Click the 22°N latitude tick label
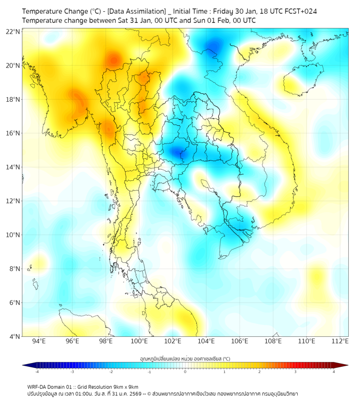tap(13, 31)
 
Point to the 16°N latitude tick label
tap(13, 133)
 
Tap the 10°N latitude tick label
tap(13, 235)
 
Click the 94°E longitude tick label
tap(39, 341)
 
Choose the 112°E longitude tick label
tap(340, 341)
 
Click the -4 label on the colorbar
tap(37, 372)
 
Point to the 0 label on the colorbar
tap(185, 372)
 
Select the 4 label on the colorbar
tap(334, 372)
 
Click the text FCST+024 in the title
tap(302, 11)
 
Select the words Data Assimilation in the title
tap(136, 11)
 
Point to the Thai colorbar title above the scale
tap(185, 359)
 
